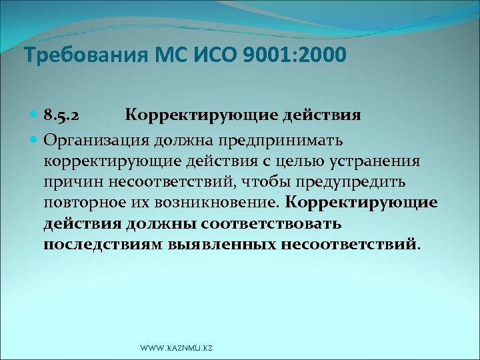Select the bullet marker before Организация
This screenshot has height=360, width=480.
click(34, 139)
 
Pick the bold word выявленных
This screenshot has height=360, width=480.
click(216, 244)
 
